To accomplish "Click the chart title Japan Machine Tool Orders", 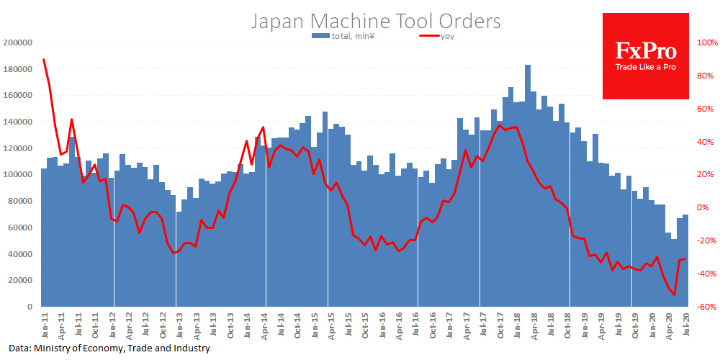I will (375, 21).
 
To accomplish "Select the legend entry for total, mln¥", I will (343, 36).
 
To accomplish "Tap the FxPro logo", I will (645, 52).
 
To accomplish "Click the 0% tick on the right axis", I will (703, 207).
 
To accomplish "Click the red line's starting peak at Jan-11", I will (44, 60).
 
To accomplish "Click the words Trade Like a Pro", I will (645, 68).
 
